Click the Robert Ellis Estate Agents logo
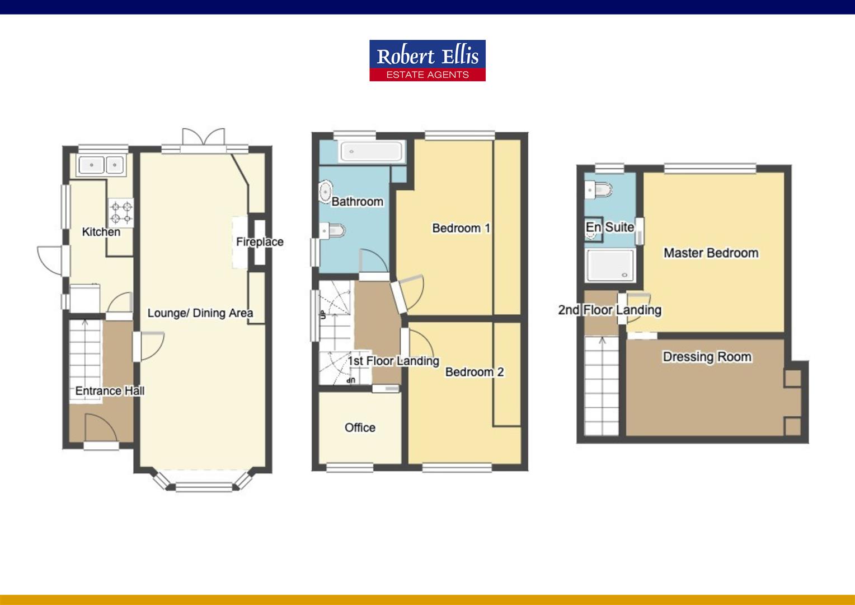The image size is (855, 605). (427, 61)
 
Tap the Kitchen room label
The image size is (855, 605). (101, 232)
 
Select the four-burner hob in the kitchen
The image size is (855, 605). (121, 212)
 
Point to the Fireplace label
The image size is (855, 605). (260, 242)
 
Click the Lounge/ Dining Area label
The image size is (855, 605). (200, 313)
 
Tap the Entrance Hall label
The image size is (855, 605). (110, 391)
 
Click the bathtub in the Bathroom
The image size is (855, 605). (371, 151)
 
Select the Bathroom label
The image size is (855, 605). (357, 202)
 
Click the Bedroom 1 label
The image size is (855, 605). (461, 228)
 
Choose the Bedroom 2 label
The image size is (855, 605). (474, 372)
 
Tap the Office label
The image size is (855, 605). (360, 427)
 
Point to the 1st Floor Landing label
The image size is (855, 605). (393, 361)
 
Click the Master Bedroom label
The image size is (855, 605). (711, 253)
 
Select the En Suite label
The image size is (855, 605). (609, 227)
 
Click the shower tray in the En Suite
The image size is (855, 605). (610, 266)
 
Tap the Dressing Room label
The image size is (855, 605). (707, 357)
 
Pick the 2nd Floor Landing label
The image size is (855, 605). (609, 310)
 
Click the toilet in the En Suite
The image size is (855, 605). (596, 190)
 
